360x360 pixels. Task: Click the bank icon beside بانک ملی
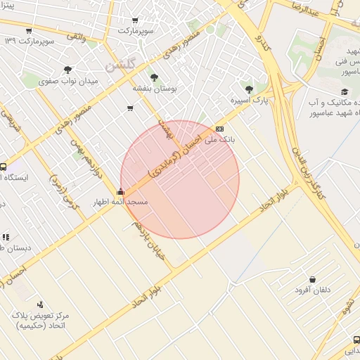220,129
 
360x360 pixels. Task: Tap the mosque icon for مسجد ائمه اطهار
121,192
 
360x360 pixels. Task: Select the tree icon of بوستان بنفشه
154,78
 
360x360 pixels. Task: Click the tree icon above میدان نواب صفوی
67,70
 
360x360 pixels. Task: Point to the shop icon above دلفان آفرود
312,279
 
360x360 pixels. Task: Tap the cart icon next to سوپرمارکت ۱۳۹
29,31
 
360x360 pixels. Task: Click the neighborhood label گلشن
120,65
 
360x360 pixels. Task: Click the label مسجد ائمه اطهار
120,202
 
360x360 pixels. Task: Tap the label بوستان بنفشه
154,89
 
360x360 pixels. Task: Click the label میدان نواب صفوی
67,81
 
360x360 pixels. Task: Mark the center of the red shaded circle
180,179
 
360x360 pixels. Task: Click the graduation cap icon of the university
344,91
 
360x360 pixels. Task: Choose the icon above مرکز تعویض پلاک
40,304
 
